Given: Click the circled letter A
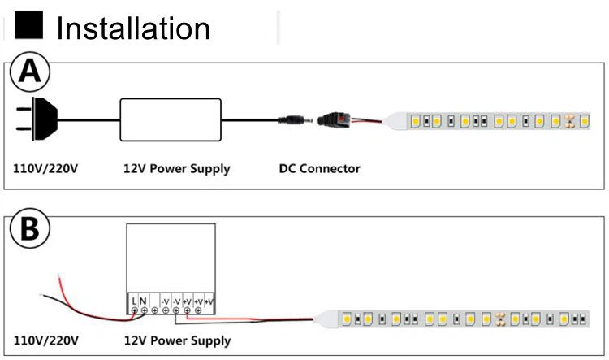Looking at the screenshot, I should (x=30, y=73).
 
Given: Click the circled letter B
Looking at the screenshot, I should (x=30, y=231).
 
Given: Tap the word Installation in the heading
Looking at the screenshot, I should (x=133, y=28).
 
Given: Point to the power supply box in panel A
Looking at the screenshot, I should (x=171, y=119).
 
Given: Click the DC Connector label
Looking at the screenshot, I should (x=319, y=169).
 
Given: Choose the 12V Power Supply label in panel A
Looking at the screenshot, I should (x=176, y=169).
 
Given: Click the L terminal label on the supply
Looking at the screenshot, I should (x=134, y=301).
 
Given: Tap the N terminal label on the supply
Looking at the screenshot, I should (x=143, y=301).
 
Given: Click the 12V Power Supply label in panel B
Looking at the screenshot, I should (x=176, y=340).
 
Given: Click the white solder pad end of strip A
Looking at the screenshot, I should (x=397, y=121).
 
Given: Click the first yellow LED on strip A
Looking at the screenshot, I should (x=415, y=121).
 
